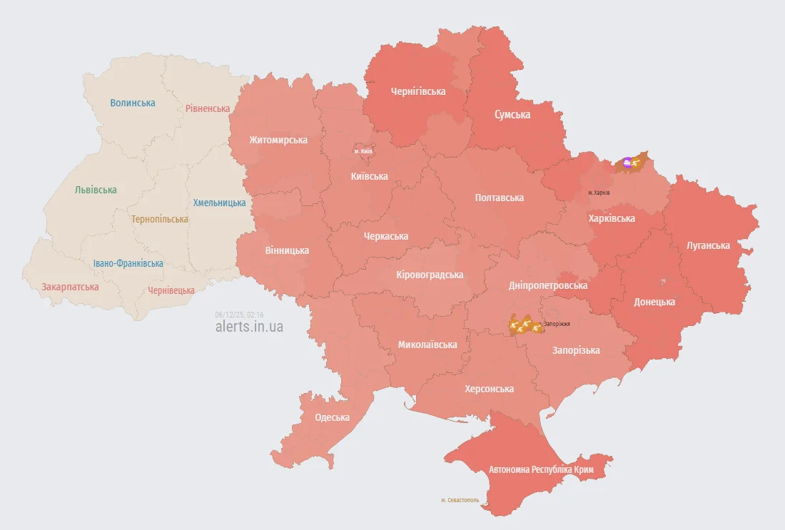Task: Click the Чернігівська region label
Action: coord(418,91)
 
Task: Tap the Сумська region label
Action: coord(512,114)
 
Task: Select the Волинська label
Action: coord(133,103)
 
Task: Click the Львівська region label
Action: coord(96,190)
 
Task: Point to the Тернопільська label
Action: coord(160,219)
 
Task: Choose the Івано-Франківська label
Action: coord(128,263)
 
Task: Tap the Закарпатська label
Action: coord(70,287)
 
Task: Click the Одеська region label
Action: coord(333,417)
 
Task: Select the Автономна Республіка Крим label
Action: coord(541,470)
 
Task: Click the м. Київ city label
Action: coord(363,151)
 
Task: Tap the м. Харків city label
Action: coord(599,193)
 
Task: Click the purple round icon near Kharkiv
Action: coord(627,163)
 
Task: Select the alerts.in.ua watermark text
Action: coord(249,327)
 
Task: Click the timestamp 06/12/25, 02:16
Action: coord(239,315)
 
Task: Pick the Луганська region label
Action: coord(708,245)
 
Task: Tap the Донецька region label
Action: coord(654,302)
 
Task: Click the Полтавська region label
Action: coord(500,198)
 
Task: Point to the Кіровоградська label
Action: coord(430,275)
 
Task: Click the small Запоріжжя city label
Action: coord(557,324)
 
